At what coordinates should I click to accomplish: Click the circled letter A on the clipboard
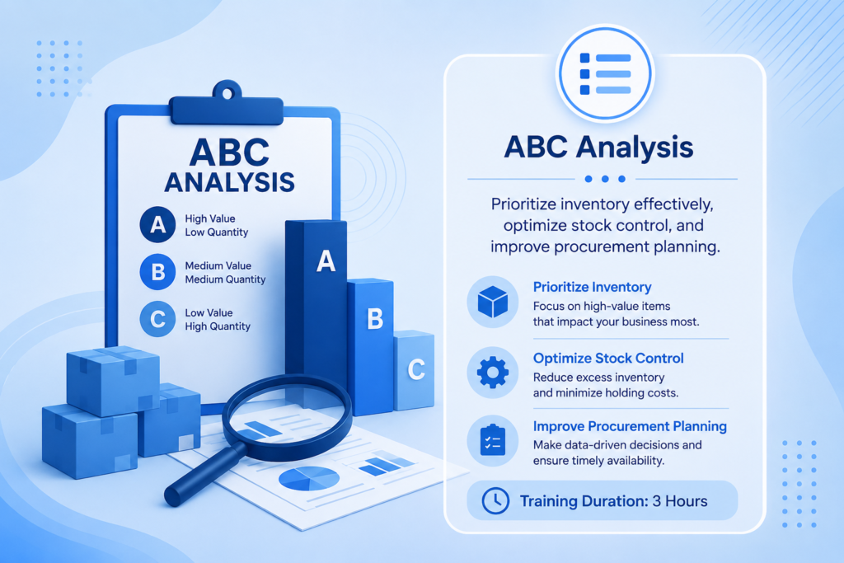pyautogui.click(x=157, y=224)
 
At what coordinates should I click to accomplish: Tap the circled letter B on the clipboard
pyautogui.click(x=157, y=272)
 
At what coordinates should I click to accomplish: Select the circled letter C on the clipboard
pyautogui.click(x=157, y=319)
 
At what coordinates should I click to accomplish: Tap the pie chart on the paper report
pyautogui.click(x=309, y=478)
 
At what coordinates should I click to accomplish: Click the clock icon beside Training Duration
pyautogui.click(x=495, y=501)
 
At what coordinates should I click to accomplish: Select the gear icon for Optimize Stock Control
pyautogui.click(x=493, y=373)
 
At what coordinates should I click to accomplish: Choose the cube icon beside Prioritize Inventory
pyautogui.click(x=493, y=302)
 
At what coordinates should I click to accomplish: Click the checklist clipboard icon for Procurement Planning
pyautogui.click(x=493, y=440)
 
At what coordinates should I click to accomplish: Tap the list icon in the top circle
pyautogui.click(x=605, y=73)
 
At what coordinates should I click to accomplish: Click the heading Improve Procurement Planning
pyautogui.click(x=630, y=426)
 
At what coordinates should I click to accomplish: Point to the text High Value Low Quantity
pyautogui.click(x=217, y=226)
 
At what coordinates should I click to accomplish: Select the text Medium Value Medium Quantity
pyautogui.click(x=225, y=272)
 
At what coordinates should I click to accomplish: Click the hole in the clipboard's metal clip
pyautogui.click(x=227, y=94)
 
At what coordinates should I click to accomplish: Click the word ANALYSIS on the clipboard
pyautogui.click(x=230, y=182)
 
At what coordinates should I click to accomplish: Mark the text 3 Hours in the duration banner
pyautogui.click(x=680, y=501)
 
